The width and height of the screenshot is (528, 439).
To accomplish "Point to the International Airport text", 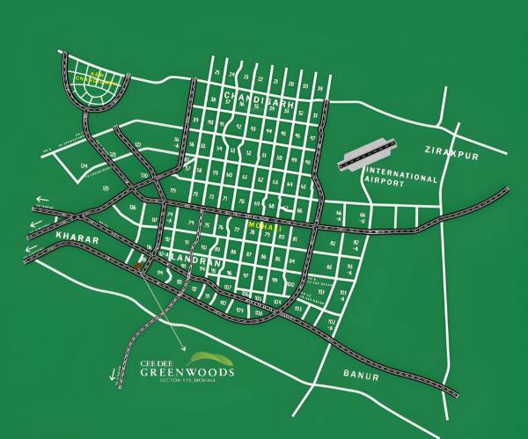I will pos(402,179).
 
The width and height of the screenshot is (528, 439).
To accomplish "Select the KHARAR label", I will pos(50,238).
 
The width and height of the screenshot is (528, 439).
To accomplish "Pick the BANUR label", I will pos(360,377).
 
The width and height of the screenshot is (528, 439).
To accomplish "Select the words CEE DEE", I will pos(157,361).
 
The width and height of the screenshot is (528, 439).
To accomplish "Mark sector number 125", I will pos(106,188).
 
